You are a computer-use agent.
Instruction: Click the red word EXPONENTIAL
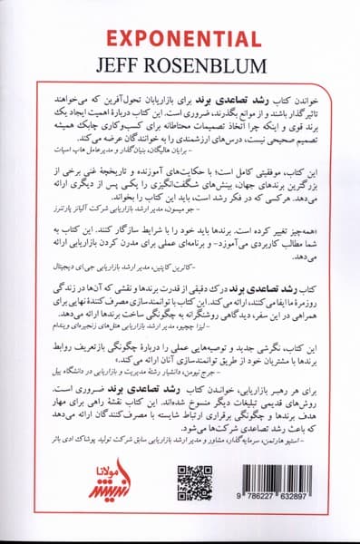(x=180, y=39)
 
